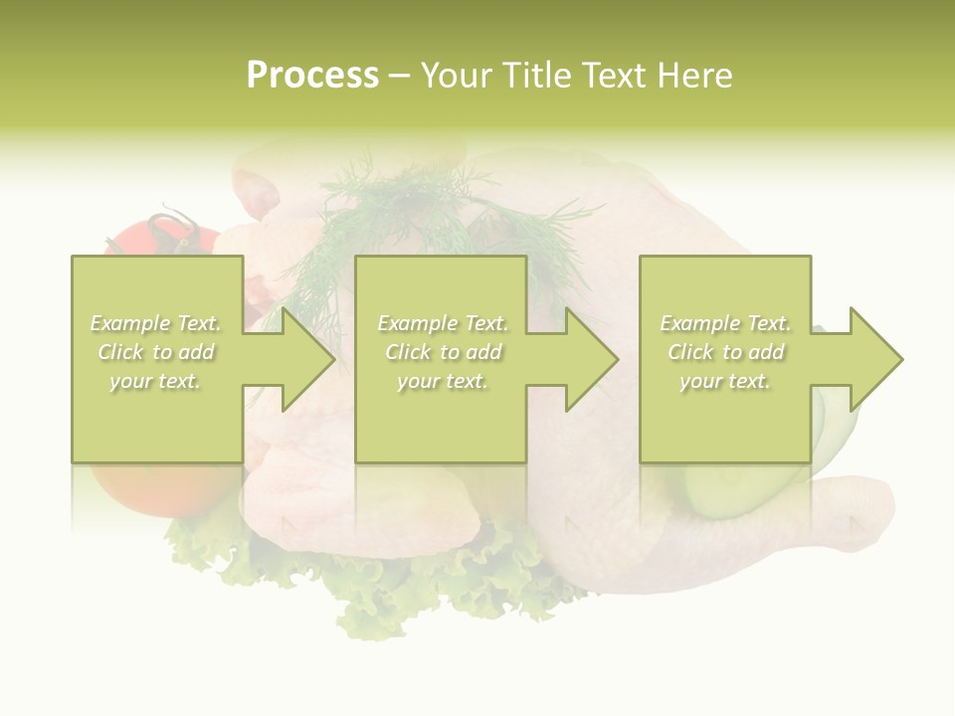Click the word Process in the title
[x=312, y=76]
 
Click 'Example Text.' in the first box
[x=155, y=323]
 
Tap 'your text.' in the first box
[x=155, y=381]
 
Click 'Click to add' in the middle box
[x=443, y=352]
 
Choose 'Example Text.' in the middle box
[x=443, y=323]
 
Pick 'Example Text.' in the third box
[x=725, y=323]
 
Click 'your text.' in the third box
[x=725, y=381]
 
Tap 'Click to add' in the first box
[x=155, y=352]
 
